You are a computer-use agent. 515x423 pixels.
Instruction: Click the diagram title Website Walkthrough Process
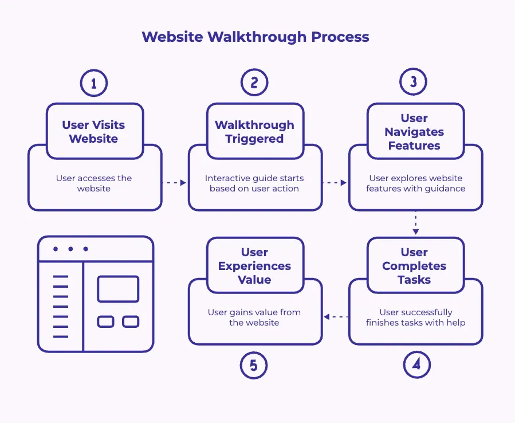(255, 37)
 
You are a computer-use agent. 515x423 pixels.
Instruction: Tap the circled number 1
(94, 83)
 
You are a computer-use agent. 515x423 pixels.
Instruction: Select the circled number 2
(254, 83)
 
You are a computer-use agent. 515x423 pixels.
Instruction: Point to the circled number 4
(416, 365)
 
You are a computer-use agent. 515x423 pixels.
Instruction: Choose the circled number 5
(254, 365)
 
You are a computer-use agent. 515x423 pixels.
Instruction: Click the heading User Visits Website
(94, 132)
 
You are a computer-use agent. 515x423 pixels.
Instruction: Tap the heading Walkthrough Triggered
(254, 132)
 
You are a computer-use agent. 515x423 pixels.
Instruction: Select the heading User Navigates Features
(414, 132)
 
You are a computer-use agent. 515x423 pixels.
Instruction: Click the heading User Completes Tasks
(414, 266)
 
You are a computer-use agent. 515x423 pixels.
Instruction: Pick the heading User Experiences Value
(254, 266)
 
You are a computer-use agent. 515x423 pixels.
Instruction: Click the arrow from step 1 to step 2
(175, 183)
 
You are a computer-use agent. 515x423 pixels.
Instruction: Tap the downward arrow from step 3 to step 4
(416, 224)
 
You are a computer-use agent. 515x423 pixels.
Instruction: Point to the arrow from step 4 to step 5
(335, 316)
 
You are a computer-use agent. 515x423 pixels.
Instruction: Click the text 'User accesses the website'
(94, 183)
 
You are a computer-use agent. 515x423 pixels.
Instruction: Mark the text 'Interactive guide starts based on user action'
(254, 183)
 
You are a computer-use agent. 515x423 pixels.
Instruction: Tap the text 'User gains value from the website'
(254, 318)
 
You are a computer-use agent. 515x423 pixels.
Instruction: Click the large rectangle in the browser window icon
(118, 289)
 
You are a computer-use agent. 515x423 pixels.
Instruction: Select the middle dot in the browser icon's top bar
(70, 249)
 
